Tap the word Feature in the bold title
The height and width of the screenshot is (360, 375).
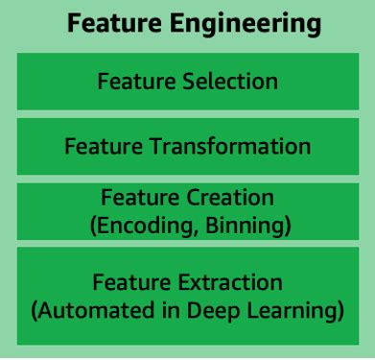[107, 23]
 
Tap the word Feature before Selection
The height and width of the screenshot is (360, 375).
[132, 81]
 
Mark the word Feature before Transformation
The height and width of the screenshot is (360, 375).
[100, 146]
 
